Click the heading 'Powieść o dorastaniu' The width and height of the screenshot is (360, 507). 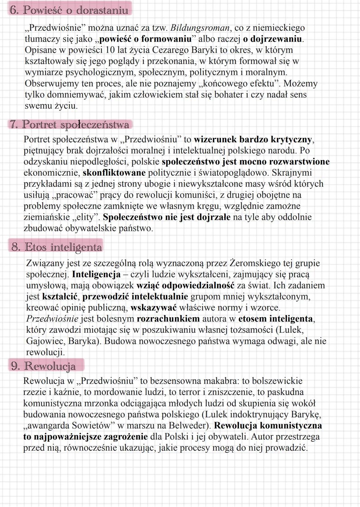75,10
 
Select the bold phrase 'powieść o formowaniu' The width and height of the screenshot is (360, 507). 146,39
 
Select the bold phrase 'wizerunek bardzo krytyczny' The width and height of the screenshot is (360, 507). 254,139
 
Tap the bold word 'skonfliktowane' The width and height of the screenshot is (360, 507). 114,173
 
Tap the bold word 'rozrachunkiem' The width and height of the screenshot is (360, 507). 168,319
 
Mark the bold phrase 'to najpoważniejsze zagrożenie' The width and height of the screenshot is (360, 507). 85,437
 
